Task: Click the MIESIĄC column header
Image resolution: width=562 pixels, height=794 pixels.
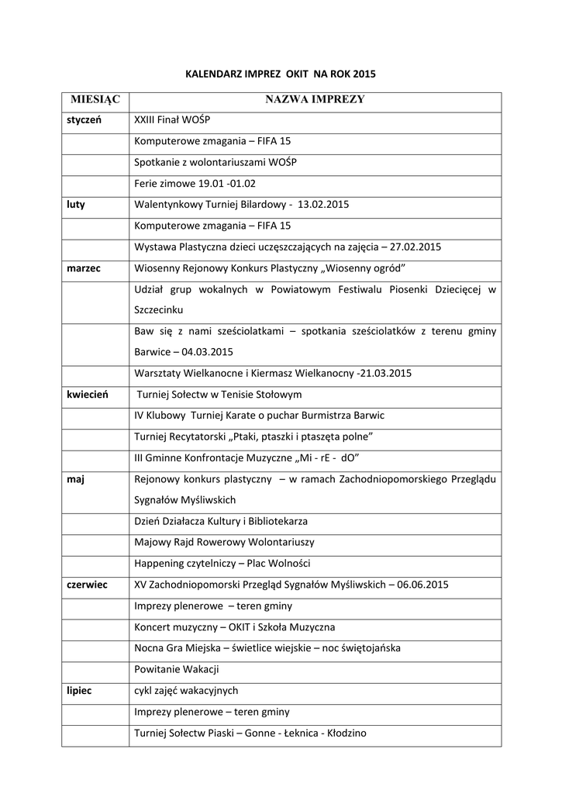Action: click(x=96, y=100)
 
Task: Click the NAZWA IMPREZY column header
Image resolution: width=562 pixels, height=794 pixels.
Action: click(x=315, y=100)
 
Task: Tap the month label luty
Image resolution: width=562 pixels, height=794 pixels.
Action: click(x=76, y=205)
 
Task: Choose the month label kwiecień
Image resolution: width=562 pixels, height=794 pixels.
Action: click(x=87, y=394)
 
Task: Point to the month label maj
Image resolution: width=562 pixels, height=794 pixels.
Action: click(x=75, y=478)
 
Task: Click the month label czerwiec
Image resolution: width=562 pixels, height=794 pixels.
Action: click(x=87, y=584)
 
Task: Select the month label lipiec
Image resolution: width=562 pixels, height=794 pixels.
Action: click(x=79, y=689)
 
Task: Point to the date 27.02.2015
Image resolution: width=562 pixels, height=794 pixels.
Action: click(x=415, y=247)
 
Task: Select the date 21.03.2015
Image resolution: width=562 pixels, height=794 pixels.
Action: click(x=386, y=373)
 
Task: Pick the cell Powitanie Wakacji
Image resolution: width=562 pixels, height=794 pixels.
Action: click(x=177, y=668)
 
